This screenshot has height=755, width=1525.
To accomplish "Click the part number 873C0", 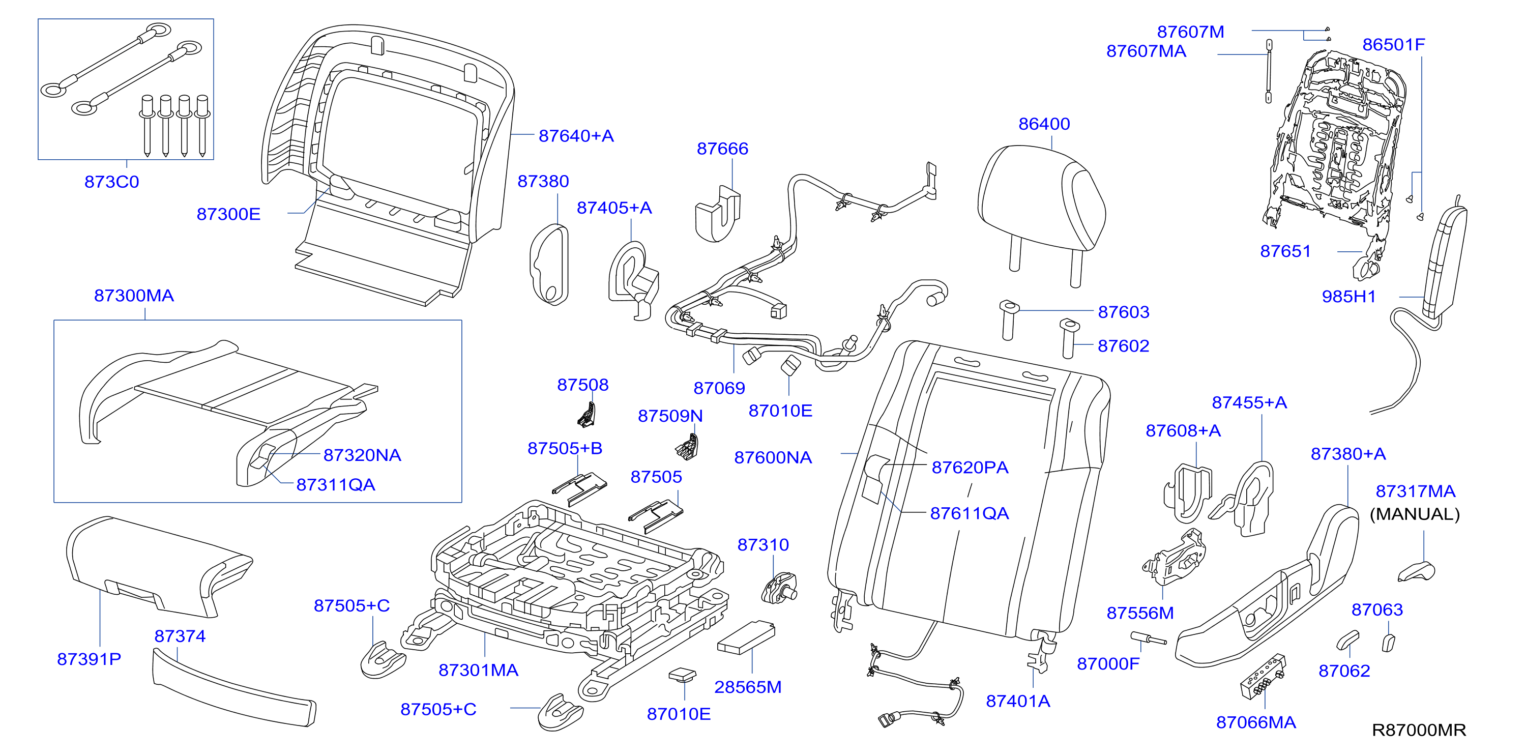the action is (111, 182).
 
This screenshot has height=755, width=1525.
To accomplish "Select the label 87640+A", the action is (576, 136).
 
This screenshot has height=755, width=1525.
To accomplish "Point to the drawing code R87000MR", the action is (1419, 730).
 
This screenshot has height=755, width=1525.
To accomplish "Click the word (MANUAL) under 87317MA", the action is (1415, 514).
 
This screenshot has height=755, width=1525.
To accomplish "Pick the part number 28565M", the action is (748, 687).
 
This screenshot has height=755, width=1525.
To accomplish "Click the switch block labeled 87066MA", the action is (1263, 676).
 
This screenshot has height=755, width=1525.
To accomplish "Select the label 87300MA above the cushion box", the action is (134, 296).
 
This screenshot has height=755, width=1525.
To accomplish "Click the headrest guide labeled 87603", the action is (1008, 320).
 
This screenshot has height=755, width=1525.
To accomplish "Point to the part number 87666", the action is (722, 149).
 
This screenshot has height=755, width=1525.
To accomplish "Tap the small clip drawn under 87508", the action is (586, 415).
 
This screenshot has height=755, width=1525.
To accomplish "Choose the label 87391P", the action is (89, 659).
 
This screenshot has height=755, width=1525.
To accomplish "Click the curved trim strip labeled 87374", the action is (234, 687).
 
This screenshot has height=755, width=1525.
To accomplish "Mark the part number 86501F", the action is (1394, 44).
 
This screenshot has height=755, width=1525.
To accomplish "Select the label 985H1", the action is (1348, 297).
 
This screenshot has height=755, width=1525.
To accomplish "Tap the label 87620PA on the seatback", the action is (970, 468).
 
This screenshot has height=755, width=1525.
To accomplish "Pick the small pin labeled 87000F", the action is (1148, 638).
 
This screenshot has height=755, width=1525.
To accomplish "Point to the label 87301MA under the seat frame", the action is (478, 671).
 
